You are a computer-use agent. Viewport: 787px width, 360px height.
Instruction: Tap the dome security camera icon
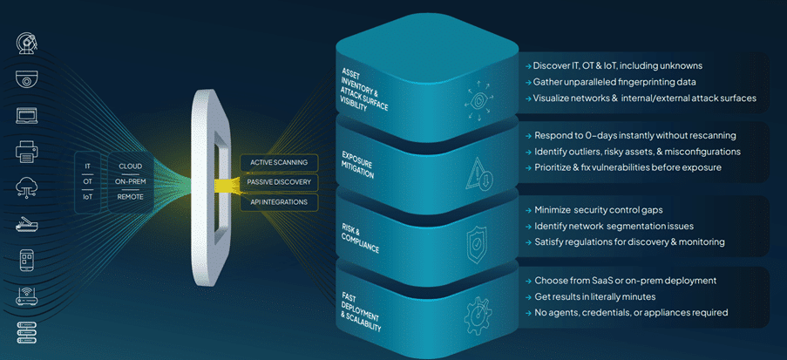26,79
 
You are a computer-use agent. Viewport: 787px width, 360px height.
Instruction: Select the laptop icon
26,115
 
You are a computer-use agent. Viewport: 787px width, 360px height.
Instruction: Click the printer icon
26,152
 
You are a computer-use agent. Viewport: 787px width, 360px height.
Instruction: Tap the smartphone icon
26,260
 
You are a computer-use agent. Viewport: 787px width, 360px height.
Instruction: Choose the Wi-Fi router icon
26,296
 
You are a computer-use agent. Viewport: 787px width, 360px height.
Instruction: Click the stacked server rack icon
26,332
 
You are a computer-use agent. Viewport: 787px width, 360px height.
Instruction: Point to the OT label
87,180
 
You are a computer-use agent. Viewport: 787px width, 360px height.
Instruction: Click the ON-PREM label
130,180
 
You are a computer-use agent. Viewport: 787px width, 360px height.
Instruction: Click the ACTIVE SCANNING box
279,162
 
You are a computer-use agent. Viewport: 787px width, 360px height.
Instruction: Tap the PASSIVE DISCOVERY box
279,182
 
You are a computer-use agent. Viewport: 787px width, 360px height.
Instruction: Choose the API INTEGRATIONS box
279,202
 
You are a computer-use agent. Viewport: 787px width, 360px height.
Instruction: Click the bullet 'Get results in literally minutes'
610,296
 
